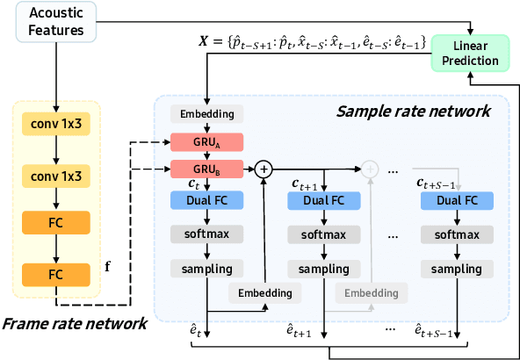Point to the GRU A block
(206, 141)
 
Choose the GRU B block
(206, 169)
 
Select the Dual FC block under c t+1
(324, 201)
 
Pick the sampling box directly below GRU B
(206, 267)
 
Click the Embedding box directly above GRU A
(206, 113)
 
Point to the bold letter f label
(108, 263)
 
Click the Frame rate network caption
(75, 324)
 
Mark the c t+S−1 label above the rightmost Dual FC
(439, 183)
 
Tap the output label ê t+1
(303, 332)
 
